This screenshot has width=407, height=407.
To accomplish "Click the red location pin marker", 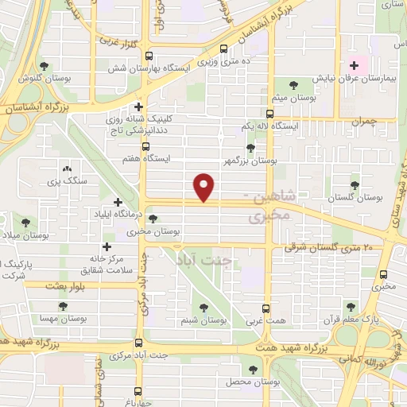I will coord(205,188).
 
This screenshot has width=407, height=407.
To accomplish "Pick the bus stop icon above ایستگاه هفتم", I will coord(145,146).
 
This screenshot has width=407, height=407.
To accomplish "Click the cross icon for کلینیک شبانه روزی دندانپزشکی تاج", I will coord(138,107).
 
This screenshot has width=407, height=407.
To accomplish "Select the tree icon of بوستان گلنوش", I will coord(43,66).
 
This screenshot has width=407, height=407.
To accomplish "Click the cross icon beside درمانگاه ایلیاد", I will coord(118,203).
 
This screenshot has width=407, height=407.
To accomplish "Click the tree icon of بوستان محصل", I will coord(253,369).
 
